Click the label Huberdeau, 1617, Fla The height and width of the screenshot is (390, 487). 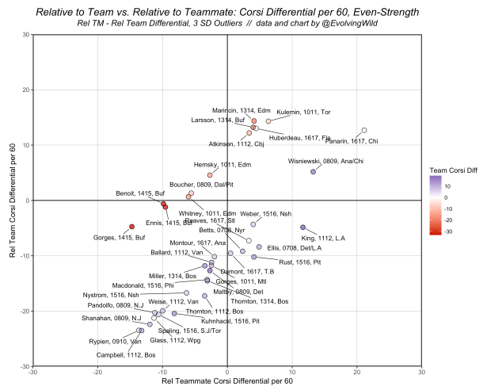(300, 138)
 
